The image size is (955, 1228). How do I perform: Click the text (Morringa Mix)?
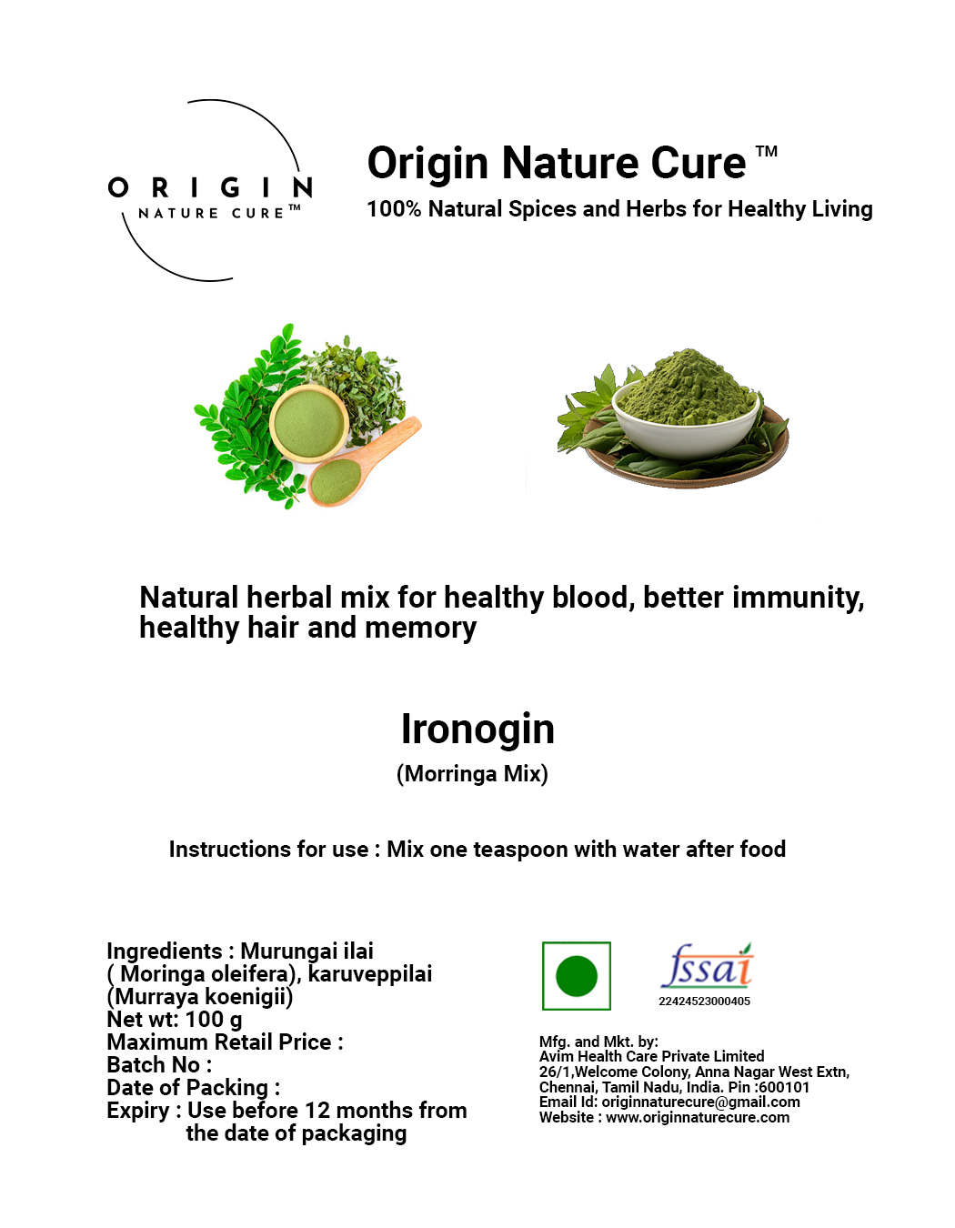click(x=472, y=774)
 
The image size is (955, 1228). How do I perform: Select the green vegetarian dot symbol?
click(x=576, y=976)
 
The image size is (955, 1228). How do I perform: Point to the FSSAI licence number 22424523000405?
click(x=704, y=1002)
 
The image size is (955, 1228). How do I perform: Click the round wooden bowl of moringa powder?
click(x=308, y=424)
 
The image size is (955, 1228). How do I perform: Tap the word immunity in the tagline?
click(x=799, y=599)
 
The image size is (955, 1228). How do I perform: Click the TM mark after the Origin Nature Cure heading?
click(x=766, y=151)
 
